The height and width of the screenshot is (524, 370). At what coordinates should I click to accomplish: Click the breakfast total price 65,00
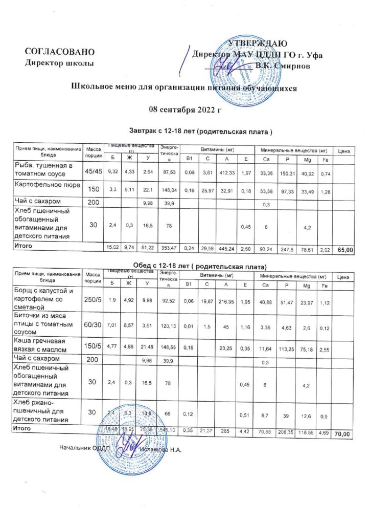345,250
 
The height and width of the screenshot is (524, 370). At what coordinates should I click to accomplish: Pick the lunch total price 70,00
342,434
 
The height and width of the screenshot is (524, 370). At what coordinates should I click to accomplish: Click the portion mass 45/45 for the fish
93,170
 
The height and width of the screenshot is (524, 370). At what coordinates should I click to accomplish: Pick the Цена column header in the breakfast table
343,152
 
